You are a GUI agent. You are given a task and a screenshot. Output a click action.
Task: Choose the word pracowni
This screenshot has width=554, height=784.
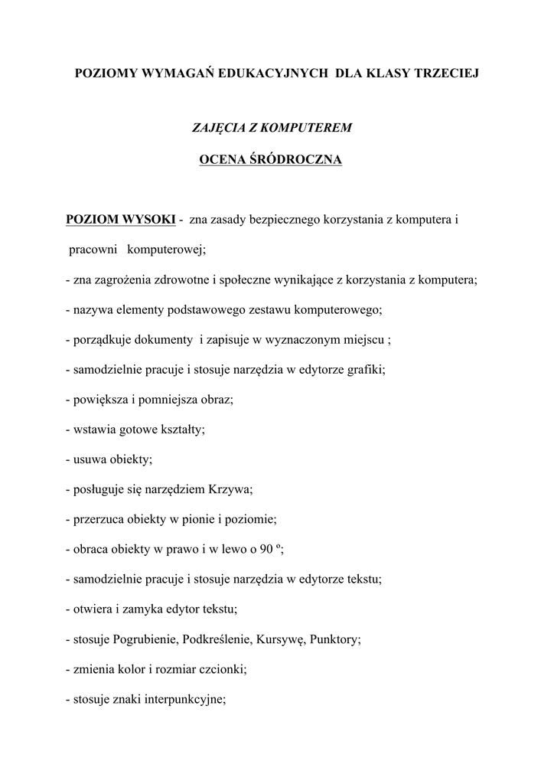pyautogui.click(x=93, y=250)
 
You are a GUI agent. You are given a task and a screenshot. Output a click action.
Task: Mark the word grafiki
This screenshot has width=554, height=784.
pyautogui.click(x=366, y=369)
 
